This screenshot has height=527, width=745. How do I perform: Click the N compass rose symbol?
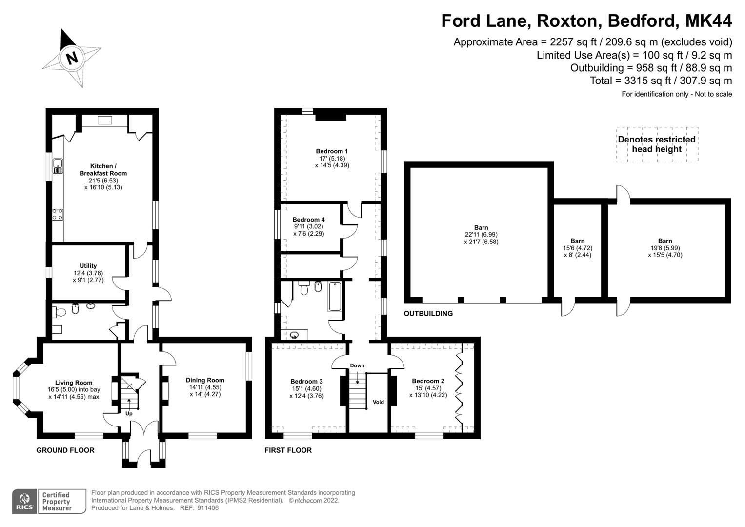[x=72, y=58]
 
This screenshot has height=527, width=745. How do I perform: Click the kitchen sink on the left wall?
[x=58, y=166]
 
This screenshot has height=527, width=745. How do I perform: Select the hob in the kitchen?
[x=58, y=214]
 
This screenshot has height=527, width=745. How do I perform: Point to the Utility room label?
[x=88, y=266]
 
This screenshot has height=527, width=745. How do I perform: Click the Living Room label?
[x=74, y=383]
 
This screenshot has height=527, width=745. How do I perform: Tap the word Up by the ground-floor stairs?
[x=129, y=414]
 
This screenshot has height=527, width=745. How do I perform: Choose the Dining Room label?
[x=205, y=380]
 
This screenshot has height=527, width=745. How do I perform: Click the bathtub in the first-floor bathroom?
[x=335, y=296]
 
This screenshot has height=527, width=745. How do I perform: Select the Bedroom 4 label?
[x=308, y=220]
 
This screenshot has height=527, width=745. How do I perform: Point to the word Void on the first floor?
[x=378, y=402]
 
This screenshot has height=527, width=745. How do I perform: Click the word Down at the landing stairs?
[x=357, y=365]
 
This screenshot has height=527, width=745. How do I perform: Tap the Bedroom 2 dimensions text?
[x=428, y=392]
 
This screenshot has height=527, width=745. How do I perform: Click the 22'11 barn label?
[x=481, y=235]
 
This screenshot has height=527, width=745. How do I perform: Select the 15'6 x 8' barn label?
[x=578, y=248]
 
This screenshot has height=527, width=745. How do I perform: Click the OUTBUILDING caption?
[x=428, y=314]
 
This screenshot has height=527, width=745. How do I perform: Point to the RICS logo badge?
[x=24, y=501]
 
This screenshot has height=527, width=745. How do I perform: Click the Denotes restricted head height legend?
[x=656, y=144]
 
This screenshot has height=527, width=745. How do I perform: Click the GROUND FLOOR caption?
[x=65, y=450]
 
